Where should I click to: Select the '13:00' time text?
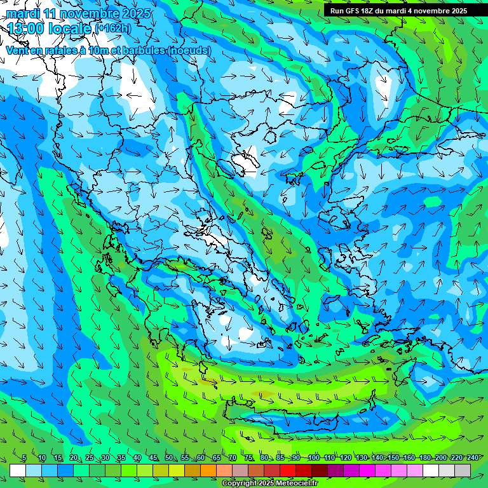coord(27,28)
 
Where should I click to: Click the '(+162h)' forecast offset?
coord(112,28)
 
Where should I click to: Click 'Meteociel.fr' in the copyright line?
coord(295,484)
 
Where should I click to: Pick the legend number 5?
coord(24,458)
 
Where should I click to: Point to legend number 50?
coord(168,458)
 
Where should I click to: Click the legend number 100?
coord(313,458)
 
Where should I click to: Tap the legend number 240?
coord(473,458)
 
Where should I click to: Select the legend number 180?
coord(425,458)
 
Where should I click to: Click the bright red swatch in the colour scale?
coord(288,470)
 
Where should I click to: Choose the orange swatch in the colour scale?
coord(208,470)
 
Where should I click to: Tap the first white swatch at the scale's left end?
coord(18,470)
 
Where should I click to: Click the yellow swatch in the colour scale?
coord(177,470)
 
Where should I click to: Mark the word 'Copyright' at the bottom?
coord(240,484)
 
